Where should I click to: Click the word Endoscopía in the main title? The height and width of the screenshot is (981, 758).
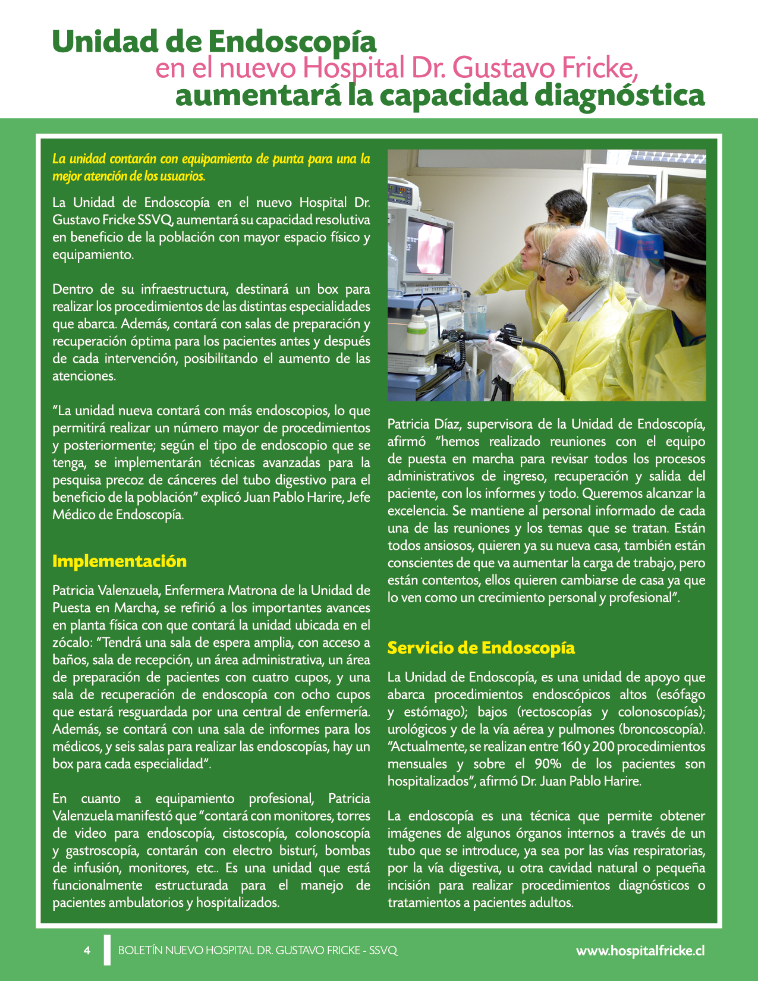(x=292, y=42)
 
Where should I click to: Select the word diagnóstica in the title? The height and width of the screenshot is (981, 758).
(x=619, y=95)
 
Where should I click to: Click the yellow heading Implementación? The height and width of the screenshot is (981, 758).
(x=119, y=561)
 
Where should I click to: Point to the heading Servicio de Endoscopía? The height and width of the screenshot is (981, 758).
(x=481, y=647)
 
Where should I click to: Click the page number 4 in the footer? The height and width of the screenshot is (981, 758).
(x=87, y=950)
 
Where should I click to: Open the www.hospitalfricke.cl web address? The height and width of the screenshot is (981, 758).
(x=640, y=950)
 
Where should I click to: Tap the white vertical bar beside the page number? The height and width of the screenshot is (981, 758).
(x=107, y=949)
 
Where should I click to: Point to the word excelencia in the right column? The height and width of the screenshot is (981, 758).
(x=417, y=511)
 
